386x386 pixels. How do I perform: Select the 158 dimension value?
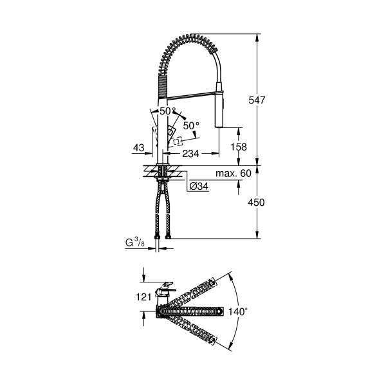tap(239, 147)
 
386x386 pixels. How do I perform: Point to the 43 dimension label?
tap(138, 148)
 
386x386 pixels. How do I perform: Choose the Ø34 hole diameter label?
tap(198, 187)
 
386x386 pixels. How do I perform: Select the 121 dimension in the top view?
tap(144, 297)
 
